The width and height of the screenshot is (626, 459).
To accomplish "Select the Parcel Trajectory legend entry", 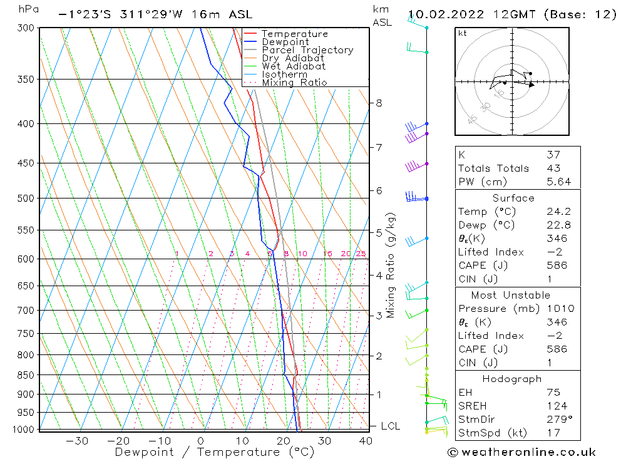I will click(x=307, y=50).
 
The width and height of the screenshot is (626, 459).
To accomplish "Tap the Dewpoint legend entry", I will click(x=285, y=42).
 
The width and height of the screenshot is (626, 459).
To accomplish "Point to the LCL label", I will click(x=390, y=426).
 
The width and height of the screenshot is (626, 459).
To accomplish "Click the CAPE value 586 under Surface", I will click(x=557, y=266).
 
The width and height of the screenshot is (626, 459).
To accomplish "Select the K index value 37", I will click(x=553, y=155).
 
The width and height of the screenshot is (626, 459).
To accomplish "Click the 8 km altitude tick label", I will click(x=379, y=103).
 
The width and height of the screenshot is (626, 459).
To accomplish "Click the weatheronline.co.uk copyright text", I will click(x=521, y=452).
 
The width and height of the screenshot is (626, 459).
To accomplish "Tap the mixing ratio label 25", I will click(x=361, y=254).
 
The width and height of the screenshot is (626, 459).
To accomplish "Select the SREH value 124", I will click(x=557, y=406).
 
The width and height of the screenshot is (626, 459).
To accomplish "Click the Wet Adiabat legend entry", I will click(x=294, y=66).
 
